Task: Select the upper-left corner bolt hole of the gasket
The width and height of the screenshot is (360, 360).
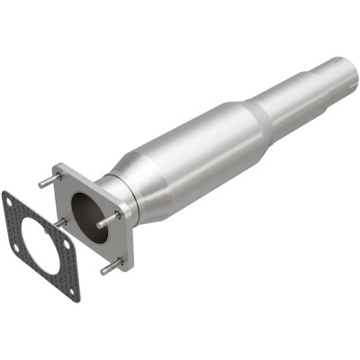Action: pos(12,200)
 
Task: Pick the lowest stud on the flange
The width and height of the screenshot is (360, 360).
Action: pos(110,267)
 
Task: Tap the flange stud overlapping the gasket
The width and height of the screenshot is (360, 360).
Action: pos(58,221)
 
